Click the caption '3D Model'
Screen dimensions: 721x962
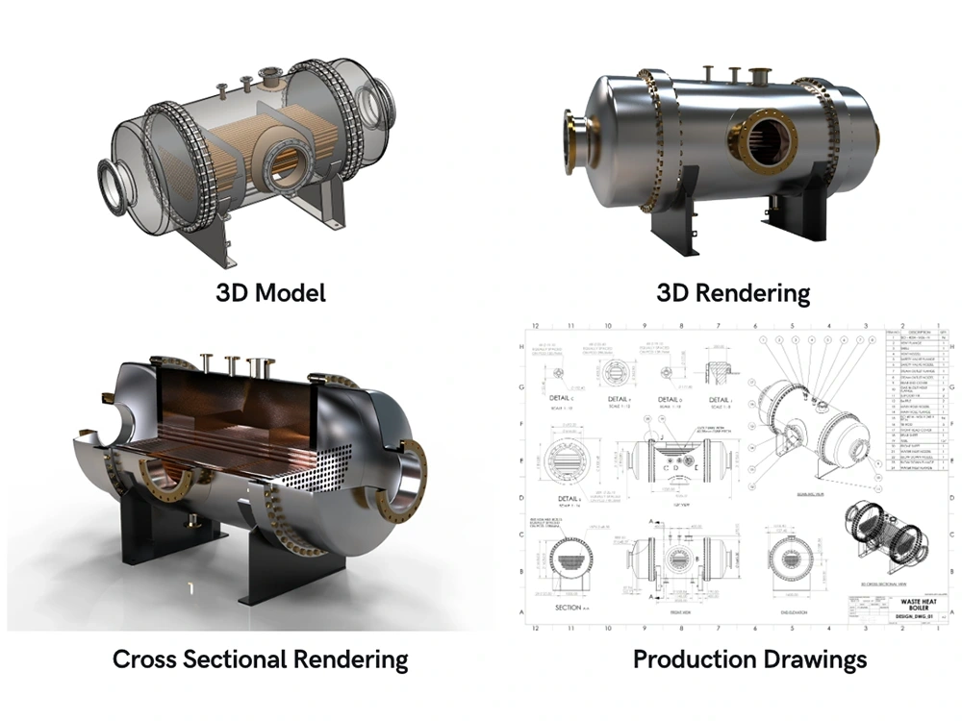269,291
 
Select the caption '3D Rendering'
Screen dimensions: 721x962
732,291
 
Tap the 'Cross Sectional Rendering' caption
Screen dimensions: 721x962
260,659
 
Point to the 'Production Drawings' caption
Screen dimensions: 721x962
749,659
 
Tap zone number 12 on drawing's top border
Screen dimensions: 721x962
536,325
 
